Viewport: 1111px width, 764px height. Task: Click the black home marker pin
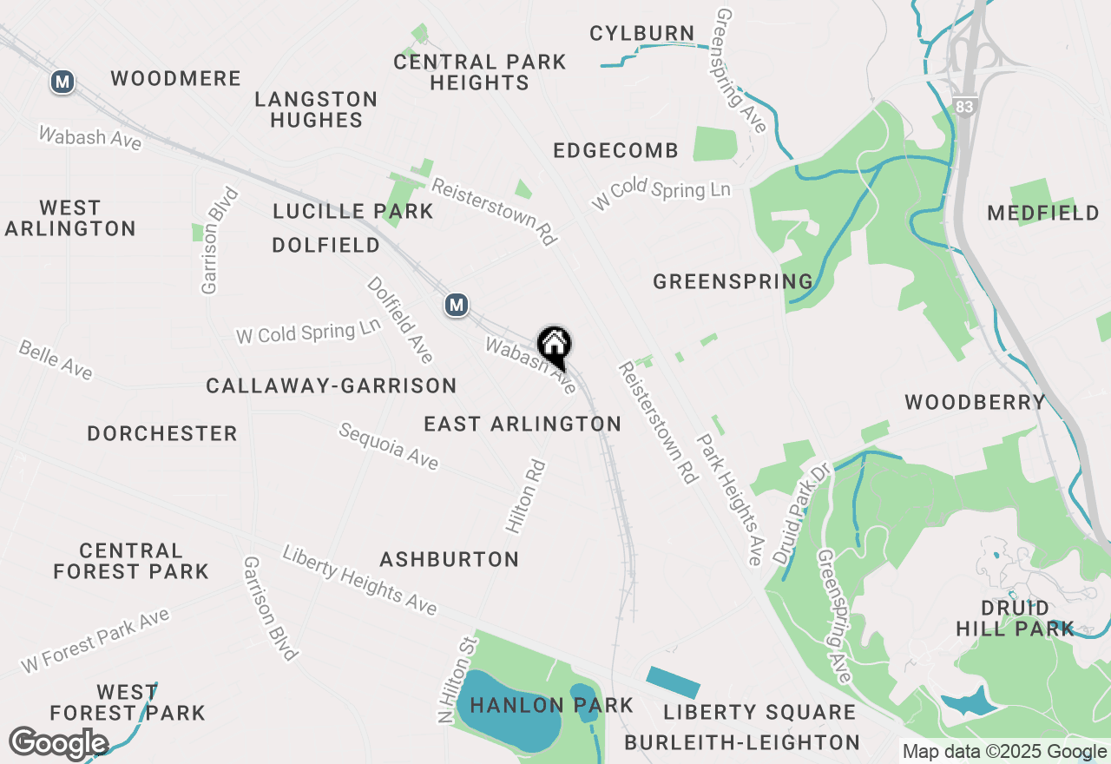[x=554, y=345]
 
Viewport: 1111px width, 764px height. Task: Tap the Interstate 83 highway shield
[x=962, y=105]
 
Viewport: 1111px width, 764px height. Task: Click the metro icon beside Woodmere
[x=62, y=82]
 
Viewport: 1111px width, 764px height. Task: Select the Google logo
[x=58, y=744]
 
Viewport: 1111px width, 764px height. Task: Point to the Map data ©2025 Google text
[x=1004, y=752]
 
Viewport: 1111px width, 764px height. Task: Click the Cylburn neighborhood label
[x=641, y=34]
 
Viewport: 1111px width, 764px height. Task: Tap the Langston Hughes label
[x=316, y=109]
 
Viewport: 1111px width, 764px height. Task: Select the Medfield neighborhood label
[x=1043, y=213]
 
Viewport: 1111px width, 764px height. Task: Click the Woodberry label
[x=976, y=402]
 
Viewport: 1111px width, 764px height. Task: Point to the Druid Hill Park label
[x=1015, y=617]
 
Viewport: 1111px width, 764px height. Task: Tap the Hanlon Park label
[x=551, y=705]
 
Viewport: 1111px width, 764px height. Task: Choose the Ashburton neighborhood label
[x=449, y=559]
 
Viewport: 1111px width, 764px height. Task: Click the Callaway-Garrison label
[x=331, y=385]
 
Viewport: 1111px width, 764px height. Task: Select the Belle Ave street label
[x=56, y=359]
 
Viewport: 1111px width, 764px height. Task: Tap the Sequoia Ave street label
[x=389, y=446]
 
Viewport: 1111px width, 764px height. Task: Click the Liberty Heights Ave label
[x=359, y=580]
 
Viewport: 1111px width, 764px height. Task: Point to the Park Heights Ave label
[x=731, y=498]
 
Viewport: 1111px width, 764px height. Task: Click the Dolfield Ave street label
[x=399, y=319]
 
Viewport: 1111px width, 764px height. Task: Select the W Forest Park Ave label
[x=95, y=641]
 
